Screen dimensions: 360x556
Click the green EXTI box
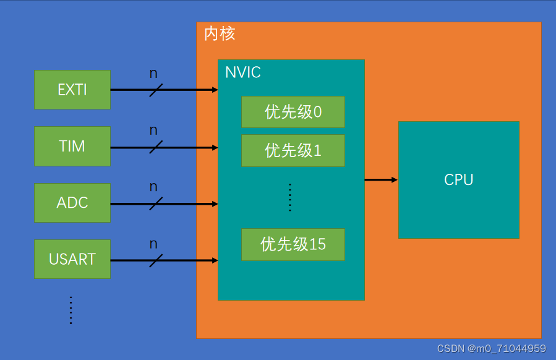click(x=72, y=90)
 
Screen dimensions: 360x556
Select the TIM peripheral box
click(x=72, y=147)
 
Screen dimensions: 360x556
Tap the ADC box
click(x=72, y=203)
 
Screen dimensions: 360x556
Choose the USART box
click(x=72, y=259)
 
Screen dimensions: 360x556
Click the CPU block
click(x=458, y=180)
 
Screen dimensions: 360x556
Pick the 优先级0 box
click(x=293, y=112)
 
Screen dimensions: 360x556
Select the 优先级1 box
click(x=293, y=150)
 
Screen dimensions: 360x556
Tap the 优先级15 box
click(x=293, y=244)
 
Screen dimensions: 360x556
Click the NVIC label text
click(x=243, y=72)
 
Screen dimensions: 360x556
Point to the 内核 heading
click(x=220, y=33)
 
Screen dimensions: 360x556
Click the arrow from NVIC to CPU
click(x=380, y=180)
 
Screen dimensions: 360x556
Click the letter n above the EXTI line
click(x=153, y=74)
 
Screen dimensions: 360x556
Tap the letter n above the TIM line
click(x=153, y=131)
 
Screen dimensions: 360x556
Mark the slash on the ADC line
click(x=156, y=203)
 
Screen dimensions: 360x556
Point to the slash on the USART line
click(x=156, y=260)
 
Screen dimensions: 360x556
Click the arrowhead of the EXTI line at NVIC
click(x=215, y=90)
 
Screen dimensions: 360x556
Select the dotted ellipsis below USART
click(x=71, y=310)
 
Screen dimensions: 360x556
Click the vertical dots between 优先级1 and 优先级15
click(x=290, y=197)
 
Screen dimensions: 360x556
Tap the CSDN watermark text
click(x=491, y=349)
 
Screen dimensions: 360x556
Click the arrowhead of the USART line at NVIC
click(x=215, y=260)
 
